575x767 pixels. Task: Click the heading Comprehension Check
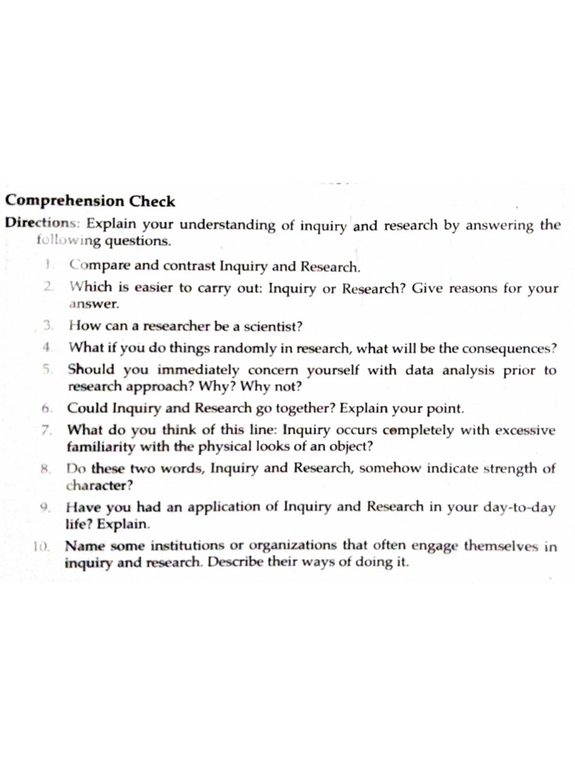point(91,201)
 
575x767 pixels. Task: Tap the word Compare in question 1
point(97,266)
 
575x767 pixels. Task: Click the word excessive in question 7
point(523,431)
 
